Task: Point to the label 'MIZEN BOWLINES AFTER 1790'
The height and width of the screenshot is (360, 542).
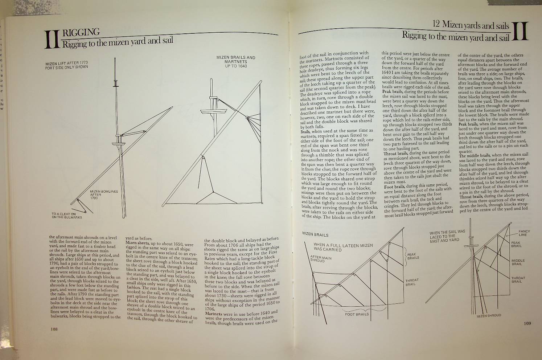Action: (x=103, y=195)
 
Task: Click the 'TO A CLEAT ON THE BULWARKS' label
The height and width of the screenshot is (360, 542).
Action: (x=67, y=216)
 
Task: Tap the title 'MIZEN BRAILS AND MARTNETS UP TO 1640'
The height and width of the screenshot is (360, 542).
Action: (x=235, y=62)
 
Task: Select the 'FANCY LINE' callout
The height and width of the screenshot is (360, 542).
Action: (x=524, y=233)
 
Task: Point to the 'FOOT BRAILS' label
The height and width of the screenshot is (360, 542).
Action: (x=357, y=314)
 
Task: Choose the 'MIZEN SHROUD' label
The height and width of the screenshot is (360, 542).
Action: (x=489, y=315)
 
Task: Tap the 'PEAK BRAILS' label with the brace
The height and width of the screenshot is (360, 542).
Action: (x=413, y=256)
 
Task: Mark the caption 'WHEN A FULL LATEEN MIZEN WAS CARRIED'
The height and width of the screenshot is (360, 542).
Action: (x=343, y=247)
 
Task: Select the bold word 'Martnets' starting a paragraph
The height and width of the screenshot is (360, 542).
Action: (x=217, y=313)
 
